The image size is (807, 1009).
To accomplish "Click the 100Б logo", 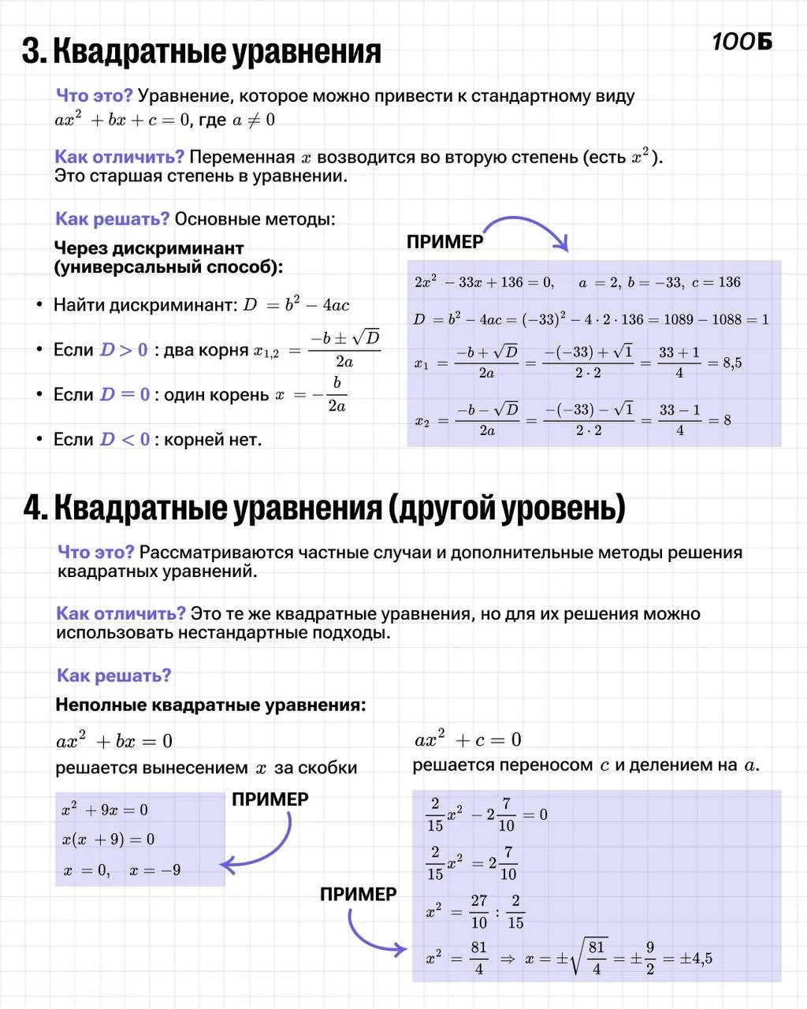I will pos(742,43).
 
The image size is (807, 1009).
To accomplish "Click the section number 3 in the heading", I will pos(32,52).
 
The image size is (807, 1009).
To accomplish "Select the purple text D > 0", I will pos(124,350).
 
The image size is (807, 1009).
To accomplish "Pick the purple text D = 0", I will pos(125,395).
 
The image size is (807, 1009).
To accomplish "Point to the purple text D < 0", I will pos(125,440).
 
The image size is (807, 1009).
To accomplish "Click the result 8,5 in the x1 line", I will pos(732,363).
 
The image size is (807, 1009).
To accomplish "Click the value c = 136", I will pos(716,282).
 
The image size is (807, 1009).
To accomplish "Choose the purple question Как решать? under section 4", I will pos(113,676).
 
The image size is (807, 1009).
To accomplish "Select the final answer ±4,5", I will pos(697,959).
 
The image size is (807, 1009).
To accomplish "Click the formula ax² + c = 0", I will pos(468,740).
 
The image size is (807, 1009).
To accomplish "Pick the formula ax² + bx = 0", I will pos(114,742).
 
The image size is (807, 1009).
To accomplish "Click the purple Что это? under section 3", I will pos(94,96).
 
